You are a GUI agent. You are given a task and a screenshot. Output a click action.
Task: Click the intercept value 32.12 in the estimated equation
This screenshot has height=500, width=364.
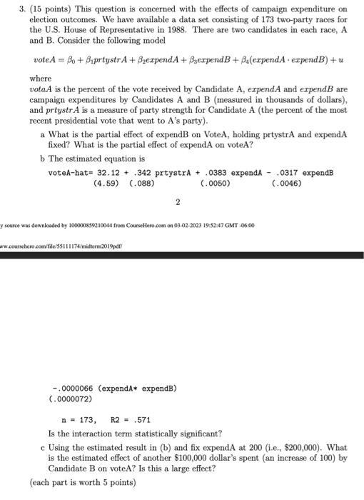click(x=102, y=173)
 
